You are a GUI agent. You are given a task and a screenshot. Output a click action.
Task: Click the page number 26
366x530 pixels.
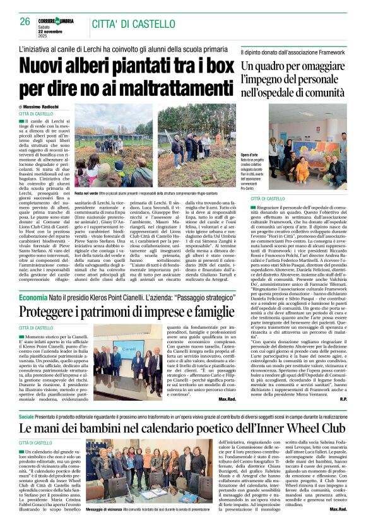pos(25,21)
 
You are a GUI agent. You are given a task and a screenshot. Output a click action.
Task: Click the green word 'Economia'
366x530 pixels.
pos(33,297)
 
